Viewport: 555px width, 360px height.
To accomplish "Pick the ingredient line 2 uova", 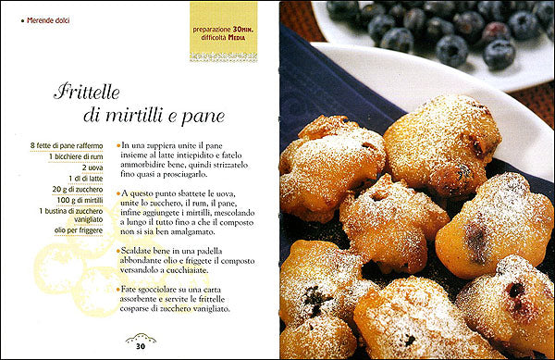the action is pyautogui.click(x=92, y=168).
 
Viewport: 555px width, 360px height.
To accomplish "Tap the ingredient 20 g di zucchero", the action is pyautogui.click(x=80, y=190).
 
